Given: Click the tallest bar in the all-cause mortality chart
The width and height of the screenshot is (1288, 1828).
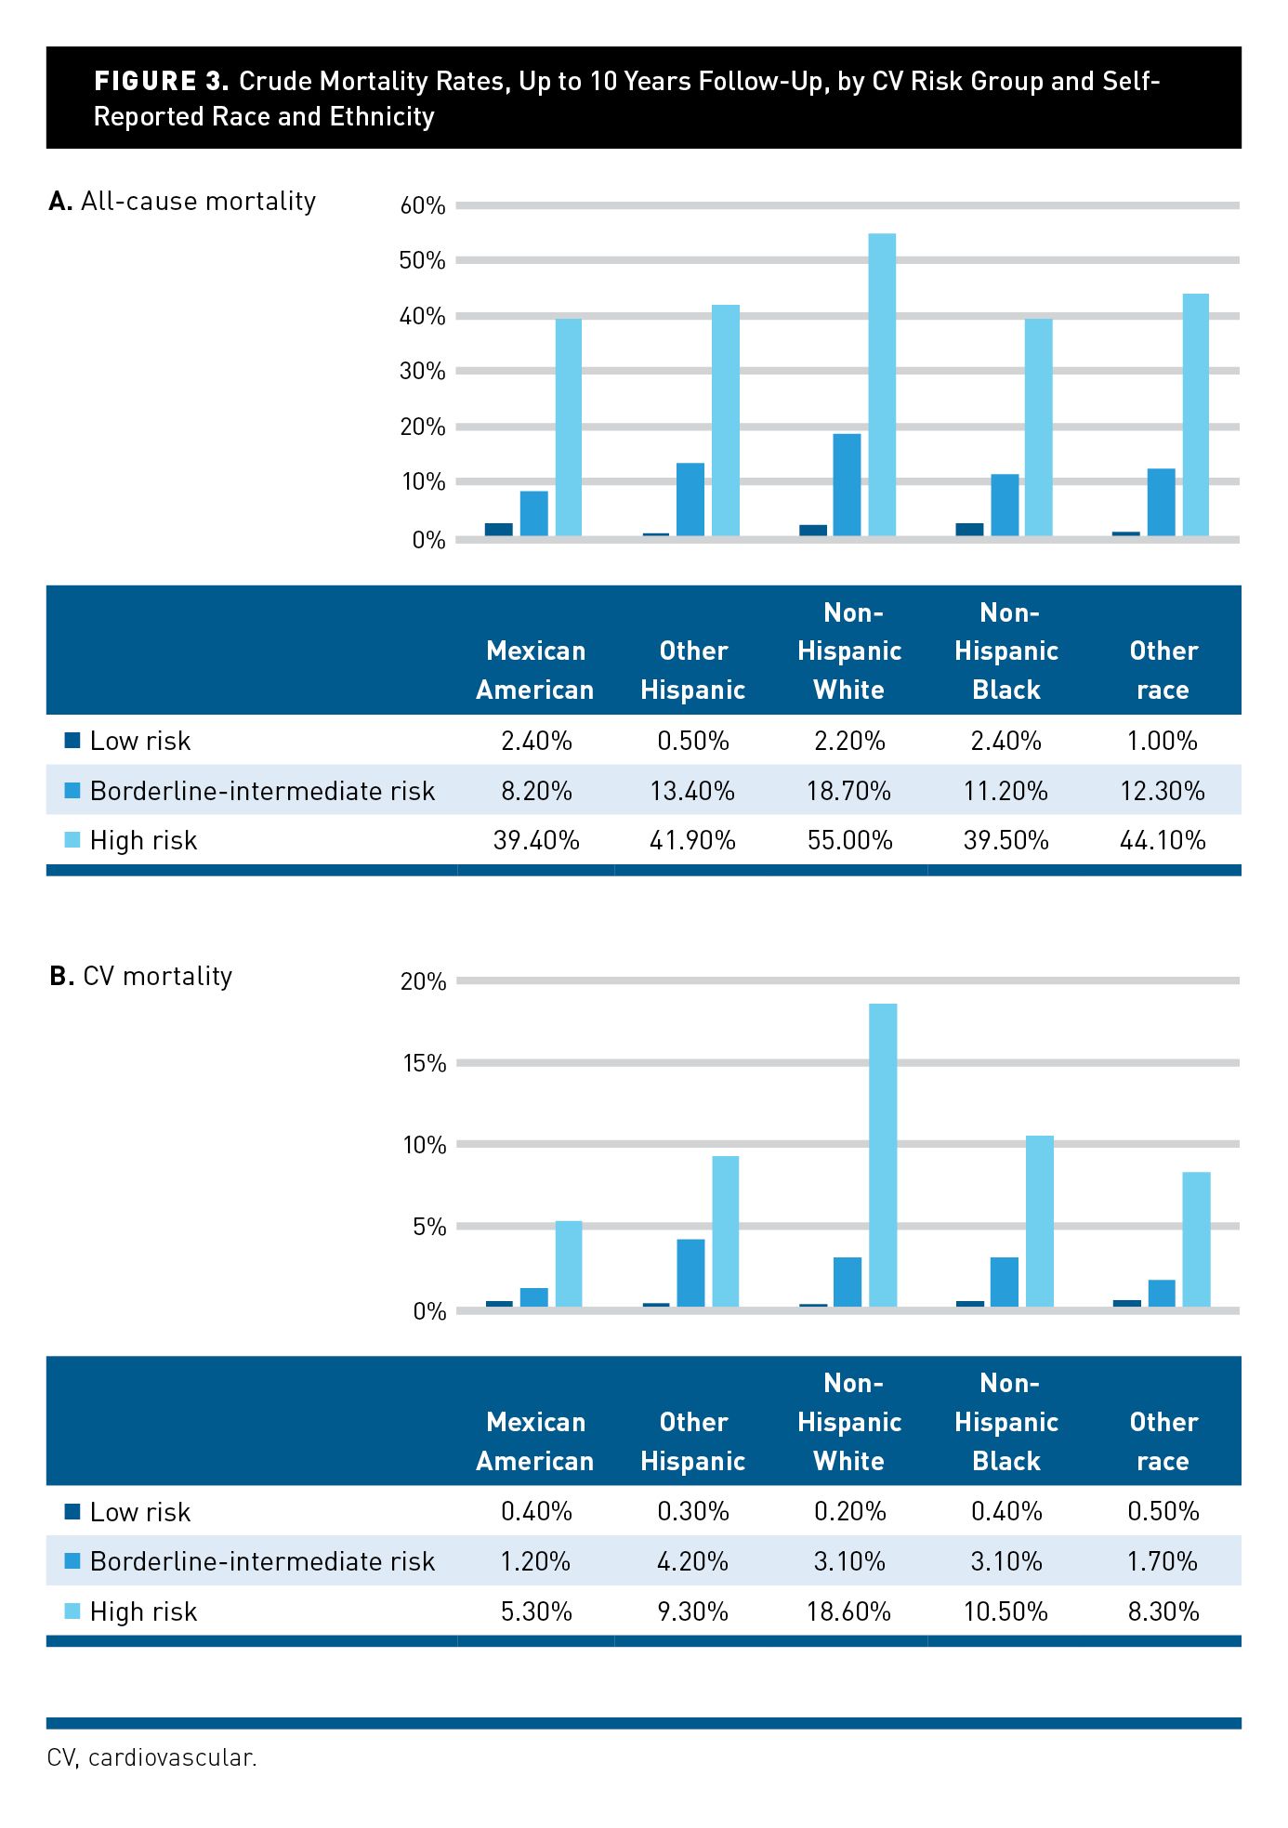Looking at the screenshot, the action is click(x=882, y=385).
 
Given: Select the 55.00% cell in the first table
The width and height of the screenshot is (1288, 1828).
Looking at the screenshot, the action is click(x=850, y=841).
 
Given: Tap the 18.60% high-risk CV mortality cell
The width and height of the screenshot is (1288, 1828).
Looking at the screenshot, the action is click(x=849, y=1611).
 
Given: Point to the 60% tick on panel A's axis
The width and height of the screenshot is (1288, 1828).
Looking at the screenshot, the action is click(x=423, y=205).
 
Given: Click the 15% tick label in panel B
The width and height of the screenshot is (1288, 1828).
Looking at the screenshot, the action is click(x=424, y=1063).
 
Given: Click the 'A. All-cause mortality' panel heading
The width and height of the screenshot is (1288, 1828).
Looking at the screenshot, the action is click(x=182, y=202).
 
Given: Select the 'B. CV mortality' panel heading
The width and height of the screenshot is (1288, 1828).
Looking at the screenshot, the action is click(x=140, y=976).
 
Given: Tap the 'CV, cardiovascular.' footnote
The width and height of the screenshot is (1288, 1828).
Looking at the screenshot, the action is click(x=151, y=1758).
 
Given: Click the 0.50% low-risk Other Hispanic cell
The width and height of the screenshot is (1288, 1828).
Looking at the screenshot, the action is click(x=693, y=741).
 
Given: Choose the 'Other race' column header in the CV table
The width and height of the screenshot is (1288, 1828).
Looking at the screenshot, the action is click(x=1163, y=1441).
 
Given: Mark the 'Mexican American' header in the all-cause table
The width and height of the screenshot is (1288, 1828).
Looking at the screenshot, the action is click(x=535, y=670).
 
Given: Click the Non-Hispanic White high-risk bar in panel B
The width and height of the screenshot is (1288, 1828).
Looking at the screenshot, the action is click(x=883, y=1155).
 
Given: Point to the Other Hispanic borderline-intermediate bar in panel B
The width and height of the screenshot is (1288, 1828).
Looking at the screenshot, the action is click(x=690, y=1273).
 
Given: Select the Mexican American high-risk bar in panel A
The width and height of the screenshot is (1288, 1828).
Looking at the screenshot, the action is click(x=569, y=427).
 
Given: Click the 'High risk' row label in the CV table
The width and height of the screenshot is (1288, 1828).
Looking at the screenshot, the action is click(x=143, y=1612).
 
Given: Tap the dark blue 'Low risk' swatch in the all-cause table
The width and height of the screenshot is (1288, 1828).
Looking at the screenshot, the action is click(x=72, y=741).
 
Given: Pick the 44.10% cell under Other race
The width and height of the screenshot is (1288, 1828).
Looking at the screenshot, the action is click(x=1163, y=841).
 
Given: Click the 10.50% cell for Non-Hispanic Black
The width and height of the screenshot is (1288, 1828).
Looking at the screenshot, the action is click(x=1006, y=1611).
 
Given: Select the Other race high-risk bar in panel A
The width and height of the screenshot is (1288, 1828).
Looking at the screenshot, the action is click(x=1196, y=414).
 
